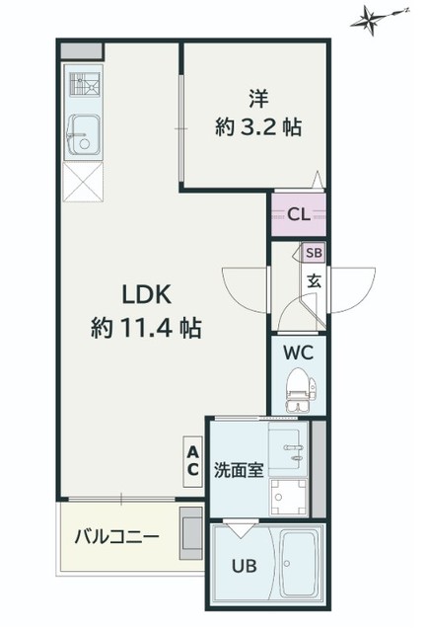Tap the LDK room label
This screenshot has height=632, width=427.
pyautogui.click(x=147, y=295)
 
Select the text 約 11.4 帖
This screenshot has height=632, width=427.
pyautogui.click(x=147, y=328)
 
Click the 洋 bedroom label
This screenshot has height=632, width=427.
pyautogui.click(x=258, y=99)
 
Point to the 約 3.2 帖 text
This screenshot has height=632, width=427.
pyautogui.click(x=258, y=127)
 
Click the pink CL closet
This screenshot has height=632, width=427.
pyautogui.click(x=298, y=215)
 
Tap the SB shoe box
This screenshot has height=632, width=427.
pyautogui.click(x=314, y=253)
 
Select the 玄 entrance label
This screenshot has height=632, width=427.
pyautogui.click(x=315, y=280)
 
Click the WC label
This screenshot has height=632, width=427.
pyautogui.click(x=298, y=354)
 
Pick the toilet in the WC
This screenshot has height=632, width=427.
pyautogui.click(x=301, y=390)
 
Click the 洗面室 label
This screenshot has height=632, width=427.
pyautogui.click(x=239, y=470)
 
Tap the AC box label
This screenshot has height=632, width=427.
pyautogui.click(x=192, y=462)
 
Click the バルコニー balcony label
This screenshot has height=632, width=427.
pyautogui.click(x=117, y=536)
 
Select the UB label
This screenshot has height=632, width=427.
pyautogui.click(x=244, y=566)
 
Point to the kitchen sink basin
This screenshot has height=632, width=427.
pyautogui.click(x=85, y=134)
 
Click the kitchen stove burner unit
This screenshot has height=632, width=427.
pyautogui.click(x=85, y=84)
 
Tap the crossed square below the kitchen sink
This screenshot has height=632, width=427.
pyautogui.click(x=83, y=182)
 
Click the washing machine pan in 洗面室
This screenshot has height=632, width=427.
pyautogui.click(x=288, y=498)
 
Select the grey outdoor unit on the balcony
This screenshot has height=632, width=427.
pyautogui.click(x=190, y=533)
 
